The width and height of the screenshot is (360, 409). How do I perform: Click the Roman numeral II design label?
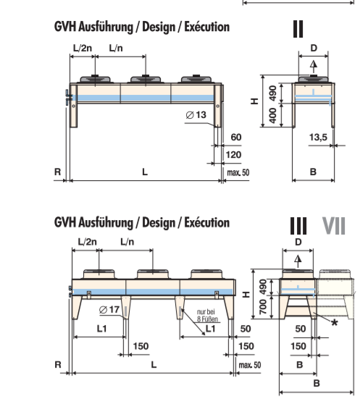[x=298, y=29]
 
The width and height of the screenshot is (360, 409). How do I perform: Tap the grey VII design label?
[x=334, y=226]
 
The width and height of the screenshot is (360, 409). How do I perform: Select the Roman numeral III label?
[x=298, y=226]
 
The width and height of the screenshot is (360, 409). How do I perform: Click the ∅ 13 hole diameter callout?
[x=196, y=115]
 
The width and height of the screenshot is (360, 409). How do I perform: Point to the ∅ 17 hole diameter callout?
[x=109, y=310]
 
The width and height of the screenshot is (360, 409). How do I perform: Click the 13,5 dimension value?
[x=318, y=137]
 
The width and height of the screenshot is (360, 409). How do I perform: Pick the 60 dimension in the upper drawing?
[x=236, y=138]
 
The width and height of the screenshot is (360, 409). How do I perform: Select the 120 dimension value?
[x=233, y=155]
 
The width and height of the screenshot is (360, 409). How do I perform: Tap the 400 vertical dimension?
[x=272, y=115]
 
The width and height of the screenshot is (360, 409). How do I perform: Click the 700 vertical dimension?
[x=263, y=307]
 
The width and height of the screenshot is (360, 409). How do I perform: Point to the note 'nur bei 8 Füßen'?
[x=207, y=316]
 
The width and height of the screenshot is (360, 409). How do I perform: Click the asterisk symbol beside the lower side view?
[x=335, y=323]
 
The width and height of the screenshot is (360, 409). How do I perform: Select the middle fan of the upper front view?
[x=146, y=79]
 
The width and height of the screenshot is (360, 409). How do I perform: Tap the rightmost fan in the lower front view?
[x=206, y=274]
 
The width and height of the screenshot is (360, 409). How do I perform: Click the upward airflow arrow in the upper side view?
[x=314, y=67]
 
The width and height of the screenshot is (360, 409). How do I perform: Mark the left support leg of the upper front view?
[x=73, y=106]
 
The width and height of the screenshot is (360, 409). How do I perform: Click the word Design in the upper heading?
[x=159, y=27]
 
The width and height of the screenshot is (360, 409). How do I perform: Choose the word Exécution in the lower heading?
[x=207, y=223]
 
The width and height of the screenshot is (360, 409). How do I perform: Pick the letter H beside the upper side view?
[x=254, y=101]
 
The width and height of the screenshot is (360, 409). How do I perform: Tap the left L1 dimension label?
[x=102, y=329]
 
